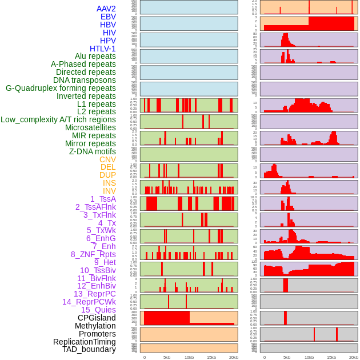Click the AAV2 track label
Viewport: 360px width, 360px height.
click(106, 9)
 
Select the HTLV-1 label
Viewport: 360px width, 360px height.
click(102, 49)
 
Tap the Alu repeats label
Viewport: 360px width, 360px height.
click(95, 57)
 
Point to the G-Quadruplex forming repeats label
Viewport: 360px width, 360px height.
click(61, 88)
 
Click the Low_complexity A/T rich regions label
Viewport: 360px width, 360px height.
click(58, 119)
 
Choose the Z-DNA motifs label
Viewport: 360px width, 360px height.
click(92, 151)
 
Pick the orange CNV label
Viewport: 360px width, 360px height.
click(107, 159)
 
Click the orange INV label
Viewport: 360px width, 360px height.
click(109, 191)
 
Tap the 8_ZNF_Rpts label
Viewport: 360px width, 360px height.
click(93, 254)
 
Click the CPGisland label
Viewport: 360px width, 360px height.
click(97, 318)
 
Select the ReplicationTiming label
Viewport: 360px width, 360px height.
click(84, 342)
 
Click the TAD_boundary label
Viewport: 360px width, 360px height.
click(89, 349)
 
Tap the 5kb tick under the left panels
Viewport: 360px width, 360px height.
click(167, 357)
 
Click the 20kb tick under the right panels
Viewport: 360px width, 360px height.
click(354, 357)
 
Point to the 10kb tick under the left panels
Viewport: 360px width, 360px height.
click(189, 357)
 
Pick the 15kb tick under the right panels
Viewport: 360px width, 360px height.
click(331, 357)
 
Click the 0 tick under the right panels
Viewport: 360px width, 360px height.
click(264, 357)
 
